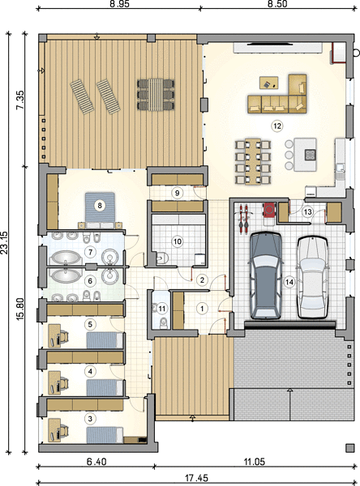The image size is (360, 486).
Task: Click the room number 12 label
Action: click(x=276, y=126)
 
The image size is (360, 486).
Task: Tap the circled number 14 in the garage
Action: click(x=289, y=282)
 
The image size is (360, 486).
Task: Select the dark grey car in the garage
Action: click(x=266, y=275)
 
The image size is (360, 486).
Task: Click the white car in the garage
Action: click(x=312, y=277)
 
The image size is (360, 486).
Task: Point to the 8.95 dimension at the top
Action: click(x=119, y=4)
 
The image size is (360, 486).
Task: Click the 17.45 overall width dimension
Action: click(x=196, y=478)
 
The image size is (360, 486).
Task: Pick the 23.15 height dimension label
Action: click(x=4, y=243)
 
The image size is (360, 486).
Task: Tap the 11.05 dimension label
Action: click(x=254, y=462)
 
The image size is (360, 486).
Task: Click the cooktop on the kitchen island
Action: click(x=310, y=155)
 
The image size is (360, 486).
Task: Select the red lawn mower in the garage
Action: click(x=269, y=210)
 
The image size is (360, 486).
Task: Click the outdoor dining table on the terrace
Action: click(x=155, y=95)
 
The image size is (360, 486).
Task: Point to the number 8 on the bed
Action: click(x=100, y=205)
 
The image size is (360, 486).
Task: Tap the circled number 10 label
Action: click(x=178, y=241)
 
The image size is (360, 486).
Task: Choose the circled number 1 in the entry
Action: click(x=202, y=309)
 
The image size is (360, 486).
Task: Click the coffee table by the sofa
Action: click(x=268, y=83)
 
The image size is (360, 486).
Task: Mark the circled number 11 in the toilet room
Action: click(x=161, y=309)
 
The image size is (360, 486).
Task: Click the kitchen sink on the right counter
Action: click(x=341, y=170)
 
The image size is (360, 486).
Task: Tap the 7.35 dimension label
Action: click(x=20, y=100)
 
